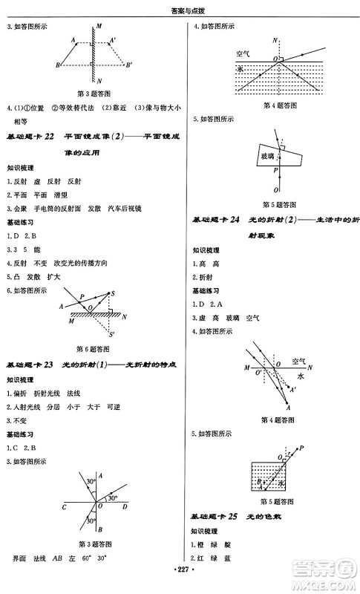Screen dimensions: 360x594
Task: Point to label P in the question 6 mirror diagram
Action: coord(82,296)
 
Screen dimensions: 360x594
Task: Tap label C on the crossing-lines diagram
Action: coord(65,507)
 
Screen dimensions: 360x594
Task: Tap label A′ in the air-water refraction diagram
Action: coord(294,390)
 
